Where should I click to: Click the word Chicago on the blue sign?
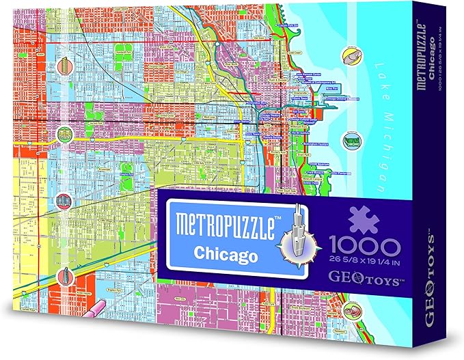[x=225, y=254]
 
